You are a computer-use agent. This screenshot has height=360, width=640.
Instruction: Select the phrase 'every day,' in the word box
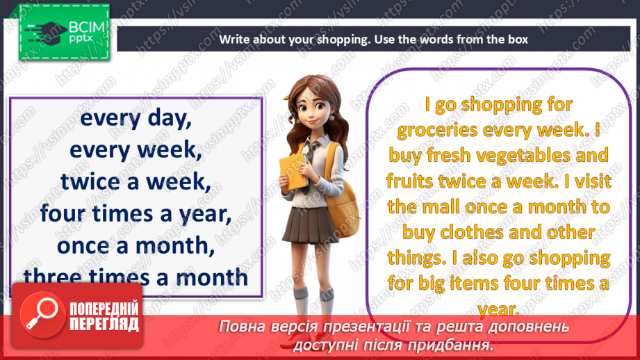[x=136, y=119]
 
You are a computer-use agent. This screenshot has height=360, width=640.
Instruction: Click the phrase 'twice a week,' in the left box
[x=135, y=182]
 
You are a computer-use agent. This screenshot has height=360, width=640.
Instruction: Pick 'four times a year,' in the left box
[x=136, y=214]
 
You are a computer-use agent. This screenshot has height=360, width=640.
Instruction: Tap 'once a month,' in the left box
[x=136, y=245]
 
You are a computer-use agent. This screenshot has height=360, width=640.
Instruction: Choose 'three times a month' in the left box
[x=136, y=277]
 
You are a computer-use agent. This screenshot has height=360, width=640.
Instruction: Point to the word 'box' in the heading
[x=518, y=40]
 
